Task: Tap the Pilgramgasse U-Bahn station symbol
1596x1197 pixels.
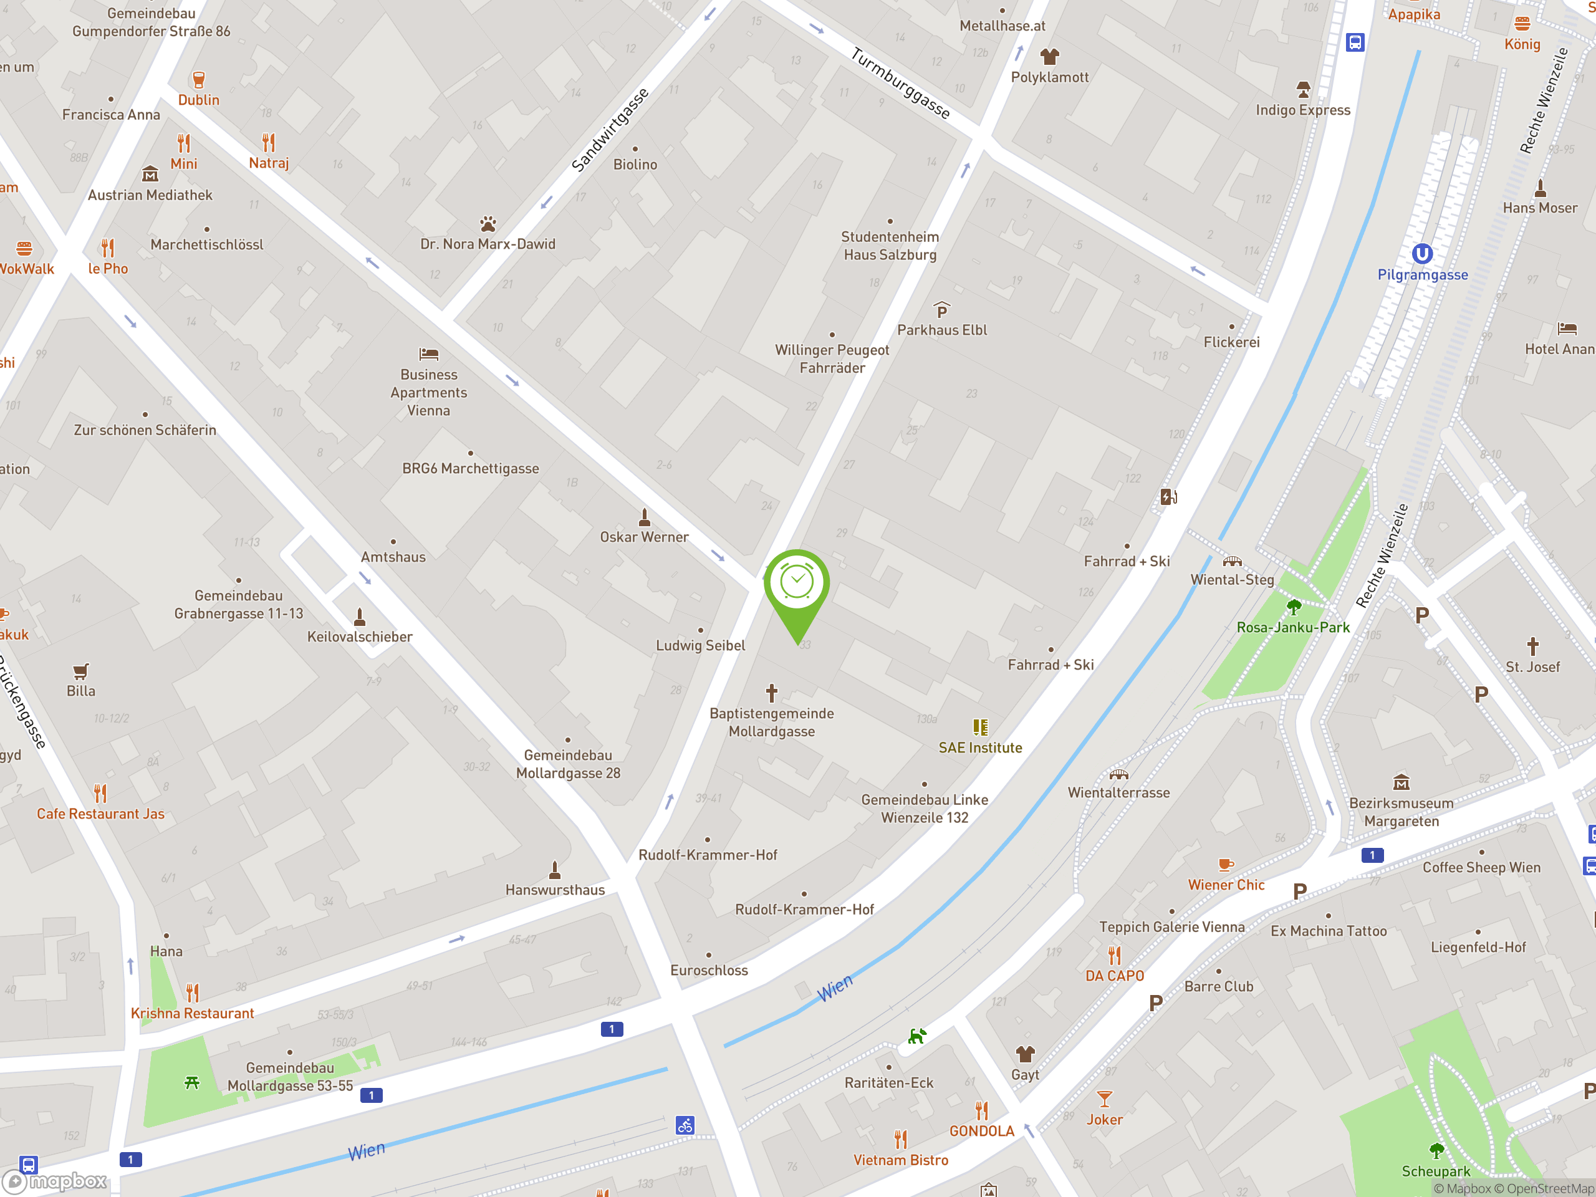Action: (x=1421, y=254)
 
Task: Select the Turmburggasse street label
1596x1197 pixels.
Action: (x=900, y=84)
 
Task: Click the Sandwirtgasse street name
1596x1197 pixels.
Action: (x=610, y=130)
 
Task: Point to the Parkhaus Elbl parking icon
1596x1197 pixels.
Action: (x=941, y=310)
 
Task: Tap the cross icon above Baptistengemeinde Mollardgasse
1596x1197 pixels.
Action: (x=771, y=693)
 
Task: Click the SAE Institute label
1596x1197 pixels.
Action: (x=980, y=748)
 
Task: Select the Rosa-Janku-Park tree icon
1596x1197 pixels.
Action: (x=1294, y=607)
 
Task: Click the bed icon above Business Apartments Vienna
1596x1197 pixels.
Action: (x=428, y=354)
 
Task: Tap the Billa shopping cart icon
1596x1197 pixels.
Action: (x=81, y=671)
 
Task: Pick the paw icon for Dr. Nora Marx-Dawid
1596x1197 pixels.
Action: (x=488, y=224)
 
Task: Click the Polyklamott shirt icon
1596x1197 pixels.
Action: (x=1049, y=56)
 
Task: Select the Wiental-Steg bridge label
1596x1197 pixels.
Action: (x=1232, y=579)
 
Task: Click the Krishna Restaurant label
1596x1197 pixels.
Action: (x=192, y=1013)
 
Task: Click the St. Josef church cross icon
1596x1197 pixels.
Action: (x=1532, y=646)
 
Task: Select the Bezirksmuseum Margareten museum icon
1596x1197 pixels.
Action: (x=1401, y=782)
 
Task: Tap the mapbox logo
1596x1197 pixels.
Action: (x=56, y=1181)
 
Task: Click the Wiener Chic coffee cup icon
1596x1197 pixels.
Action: (x=1225, y=864)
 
